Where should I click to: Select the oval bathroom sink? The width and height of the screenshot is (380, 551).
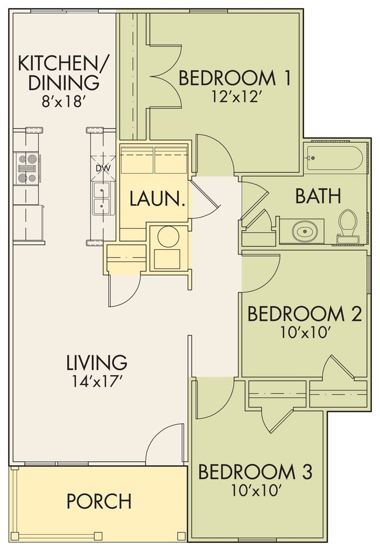305,232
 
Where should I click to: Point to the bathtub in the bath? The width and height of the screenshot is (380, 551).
333,158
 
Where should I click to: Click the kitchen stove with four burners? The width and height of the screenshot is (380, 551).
27,168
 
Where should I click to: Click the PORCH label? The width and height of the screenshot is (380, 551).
99,501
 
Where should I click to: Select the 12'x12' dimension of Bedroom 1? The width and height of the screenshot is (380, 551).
236,97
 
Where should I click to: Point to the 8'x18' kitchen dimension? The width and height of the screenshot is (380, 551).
64,102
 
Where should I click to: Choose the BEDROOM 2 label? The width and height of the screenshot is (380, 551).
305,314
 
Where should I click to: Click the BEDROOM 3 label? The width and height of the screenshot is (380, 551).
255,472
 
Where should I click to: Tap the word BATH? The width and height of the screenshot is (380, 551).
319,196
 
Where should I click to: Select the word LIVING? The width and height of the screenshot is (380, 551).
97,362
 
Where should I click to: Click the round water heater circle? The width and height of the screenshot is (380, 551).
168,237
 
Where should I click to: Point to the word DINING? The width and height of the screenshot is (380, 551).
64,82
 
